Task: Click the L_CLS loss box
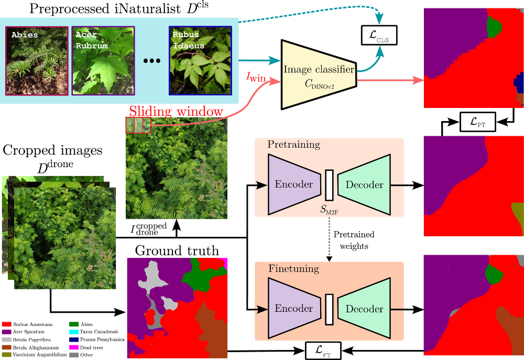(379, 35)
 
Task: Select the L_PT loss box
(477, 122)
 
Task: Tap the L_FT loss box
(323, 351)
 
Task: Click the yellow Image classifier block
(319, 74)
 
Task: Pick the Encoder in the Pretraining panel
(294, 184)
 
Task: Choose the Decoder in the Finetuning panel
(364, 309)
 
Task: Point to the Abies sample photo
(37, 61)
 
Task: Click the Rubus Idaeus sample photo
(200, 60)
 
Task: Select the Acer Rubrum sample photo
(103, 61)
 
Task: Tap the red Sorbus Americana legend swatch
(7, 324)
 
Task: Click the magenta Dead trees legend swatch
(74, 347)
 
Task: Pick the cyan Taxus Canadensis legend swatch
(74, 332)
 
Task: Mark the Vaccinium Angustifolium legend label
(39, 355)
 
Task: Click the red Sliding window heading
(176, 111)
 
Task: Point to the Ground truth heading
(177, 250)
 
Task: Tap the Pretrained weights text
(354, 241)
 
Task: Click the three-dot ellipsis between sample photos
(152, 61)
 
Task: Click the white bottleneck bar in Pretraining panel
(329, 185)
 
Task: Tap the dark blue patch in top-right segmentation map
(518, 83)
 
